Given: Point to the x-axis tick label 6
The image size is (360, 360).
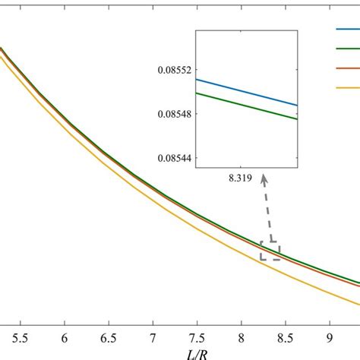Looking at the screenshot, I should pyautogui.click(x=65, y=334).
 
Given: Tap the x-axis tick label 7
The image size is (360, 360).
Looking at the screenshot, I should pyautogui.click(x=153, y=334).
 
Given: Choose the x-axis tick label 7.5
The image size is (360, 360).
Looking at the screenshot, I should pyautogui.click(x=197, y=334).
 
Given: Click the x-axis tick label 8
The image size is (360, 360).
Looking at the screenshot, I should pyautogui.click(x=241, y=334).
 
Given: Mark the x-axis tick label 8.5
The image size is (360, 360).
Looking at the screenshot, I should pyautogui.click(x=285, y=334).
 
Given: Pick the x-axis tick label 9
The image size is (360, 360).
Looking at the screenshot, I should pyautogui.click(x=329, y=334).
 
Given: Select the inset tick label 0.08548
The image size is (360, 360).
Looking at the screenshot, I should pyautogui.click(x=172, y=114).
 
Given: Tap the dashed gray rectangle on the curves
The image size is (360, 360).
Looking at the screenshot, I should pyautogui.click(x=270, y=251).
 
